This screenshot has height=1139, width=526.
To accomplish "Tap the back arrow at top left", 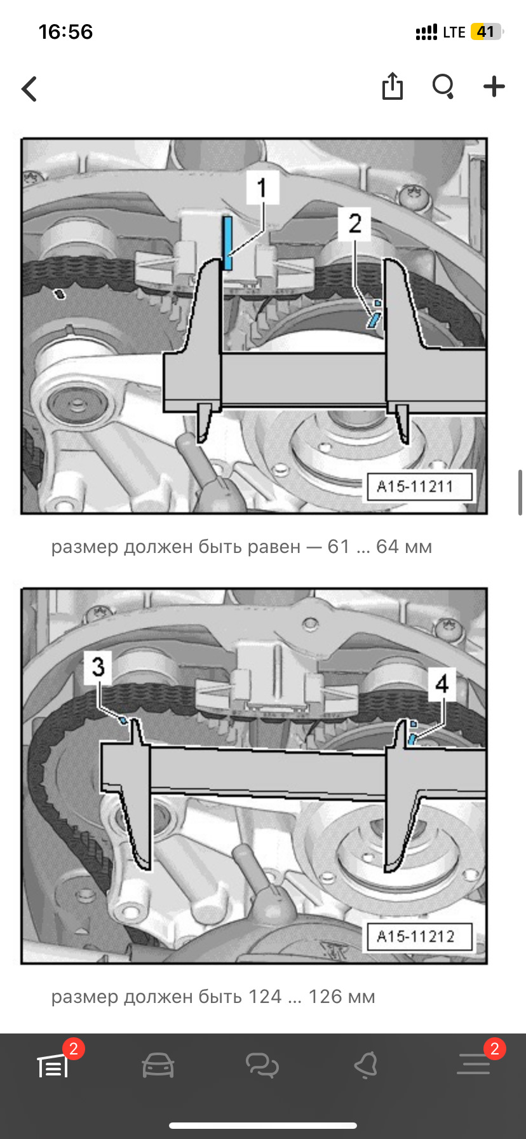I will [x=29, y=89].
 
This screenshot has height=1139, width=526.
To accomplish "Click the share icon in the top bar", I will [x=393, y=86].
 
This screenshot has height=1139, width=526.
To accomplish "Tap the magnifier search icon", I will [x=443, y=86].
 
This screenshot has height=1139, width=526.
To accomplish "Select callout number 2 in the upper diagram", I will [x=354, y=223].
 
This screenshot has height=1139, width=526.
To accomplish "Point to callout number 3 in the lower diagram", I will [x=98, y=667].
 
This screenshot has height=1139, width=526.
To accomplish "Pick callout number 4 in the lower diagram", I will [x=442, y=684].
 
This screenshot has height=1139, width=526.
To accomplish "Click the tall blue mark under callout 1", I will [x=227, y=243].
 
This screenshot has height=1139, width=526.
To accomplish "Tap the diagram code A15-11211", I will [x=415, y=487].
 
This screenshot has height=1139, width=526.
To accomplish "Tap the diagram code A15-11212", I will [x=415, y=936].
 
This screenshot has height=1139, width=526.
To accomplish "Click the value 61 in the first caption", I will [x=339, y=547].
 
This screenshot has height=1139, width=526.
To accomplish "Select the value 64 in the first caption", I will [x=388, y=547].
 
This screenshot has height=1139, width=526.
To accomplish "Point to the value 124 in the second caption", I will [x=265, y=997].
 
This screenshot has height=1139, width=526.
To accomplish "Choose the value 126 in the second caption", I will [x=325, y=997].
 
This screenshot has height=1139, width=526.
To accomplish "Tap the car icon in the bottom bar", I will [x=158, y=1065].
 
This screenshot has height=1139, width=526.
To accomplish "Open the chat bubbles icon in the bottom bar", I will [x=262, y=1065].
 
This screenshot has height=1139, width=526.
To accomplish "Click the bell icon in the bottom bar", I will [x=367, y=1065].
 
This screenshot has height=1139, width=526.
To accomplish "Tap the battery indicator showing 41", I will [x=486, y=32].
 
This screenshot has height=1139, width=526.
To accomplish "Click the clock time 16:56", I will [x=65, y=32].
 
